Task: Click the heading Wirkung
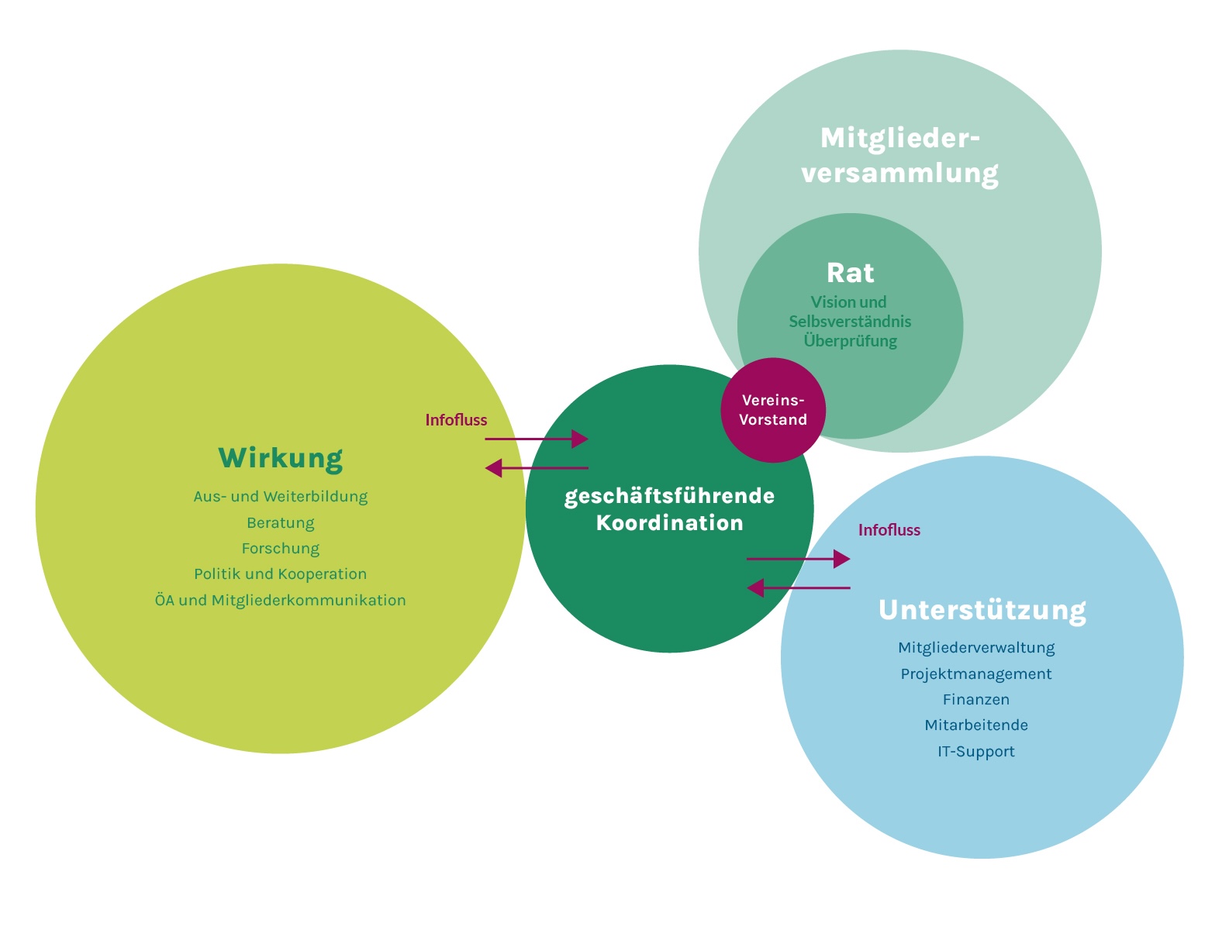pyautogui.click(x=280, y=458)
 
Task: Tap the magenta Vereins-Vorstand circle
pyautogui.click(x=773, y=410)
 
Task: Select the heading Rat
pyautogui.click(x=850, y=273)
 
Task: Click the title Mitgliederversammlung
pyautogui.click(x=899, y=155)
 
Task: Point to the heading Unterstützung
pyautogui.click(x=982, y=610)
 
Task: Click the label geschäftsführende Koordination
pyautogui.click(x=669, y=509)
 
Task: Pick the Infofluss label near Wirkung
pyautogui.click(x=456, y=420)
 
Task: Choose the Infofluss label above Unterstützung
pyautogui.click(x=889, y=530)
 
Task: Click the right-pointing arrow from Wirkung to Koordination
pyautogui.click(x=537, y=439)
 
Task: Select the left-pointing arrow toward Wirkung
pyautogui.click(x=537, y=468)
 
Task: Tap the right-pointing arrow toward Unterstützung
pyautogui.click(x=798, y=559)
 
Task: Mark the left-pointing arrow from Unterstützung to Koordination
pyautogui.click(x=798, y=588)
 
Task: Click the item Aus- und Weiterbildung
pyautogui.click(x=280, y=497)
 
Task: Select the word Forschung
pyautogui.click(x=280, y=549)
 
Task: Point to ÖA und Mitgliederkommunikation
pyautogui.click(x=280, y=601)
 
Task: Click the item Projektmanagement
pyautogui.click(x=975, y=674)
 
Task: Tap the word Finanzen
pyautogui.click(x=975, y=700)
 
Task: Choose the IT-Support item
pyautogui.click(x=975, y=752)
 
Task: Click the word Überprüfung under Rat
pyautogui.click(x=850, y=341)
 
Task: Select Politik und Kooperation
pyautogui.click(x=280, y=574)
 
